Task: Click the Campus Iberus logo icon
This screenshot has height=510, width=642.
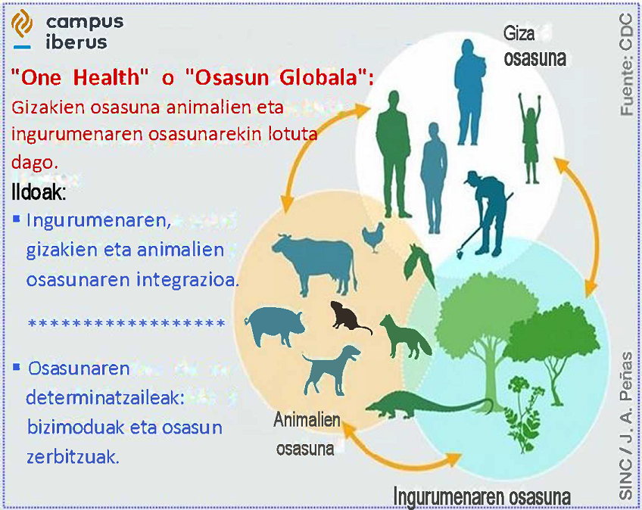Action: click(x=22, y=28)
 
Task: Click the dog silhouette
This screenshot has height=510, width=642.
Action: click(x=332, y=369)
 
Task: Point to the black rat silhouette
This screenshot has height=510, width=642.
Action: click(x=349, y=317)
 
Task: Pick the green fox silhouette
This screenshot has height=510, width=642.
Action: click(x=405, y=337)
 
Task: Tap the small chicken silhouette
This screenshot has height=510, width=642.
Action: click(x=373, y=237)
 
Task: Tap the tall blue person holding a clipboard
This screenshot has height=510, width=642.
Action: click(x=470, y=92)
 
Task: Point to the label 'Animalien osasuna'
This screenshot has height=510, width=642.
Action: click(x=307, y=434)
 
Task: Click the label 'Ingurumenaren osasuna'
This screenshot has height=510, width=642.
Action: click(x=482, y=496)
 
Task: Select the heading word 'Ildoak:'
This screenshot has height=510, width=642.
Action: click(x=39, y=192)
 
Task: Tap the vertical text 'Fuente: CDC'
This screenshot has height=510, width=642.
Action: click(x=626, y=64)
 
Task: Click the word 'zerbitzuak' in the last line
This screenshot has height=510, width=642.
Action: click(x=73, y=457)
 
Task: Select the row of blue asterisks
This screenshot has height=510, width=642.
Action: click(x=126, y=323)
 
